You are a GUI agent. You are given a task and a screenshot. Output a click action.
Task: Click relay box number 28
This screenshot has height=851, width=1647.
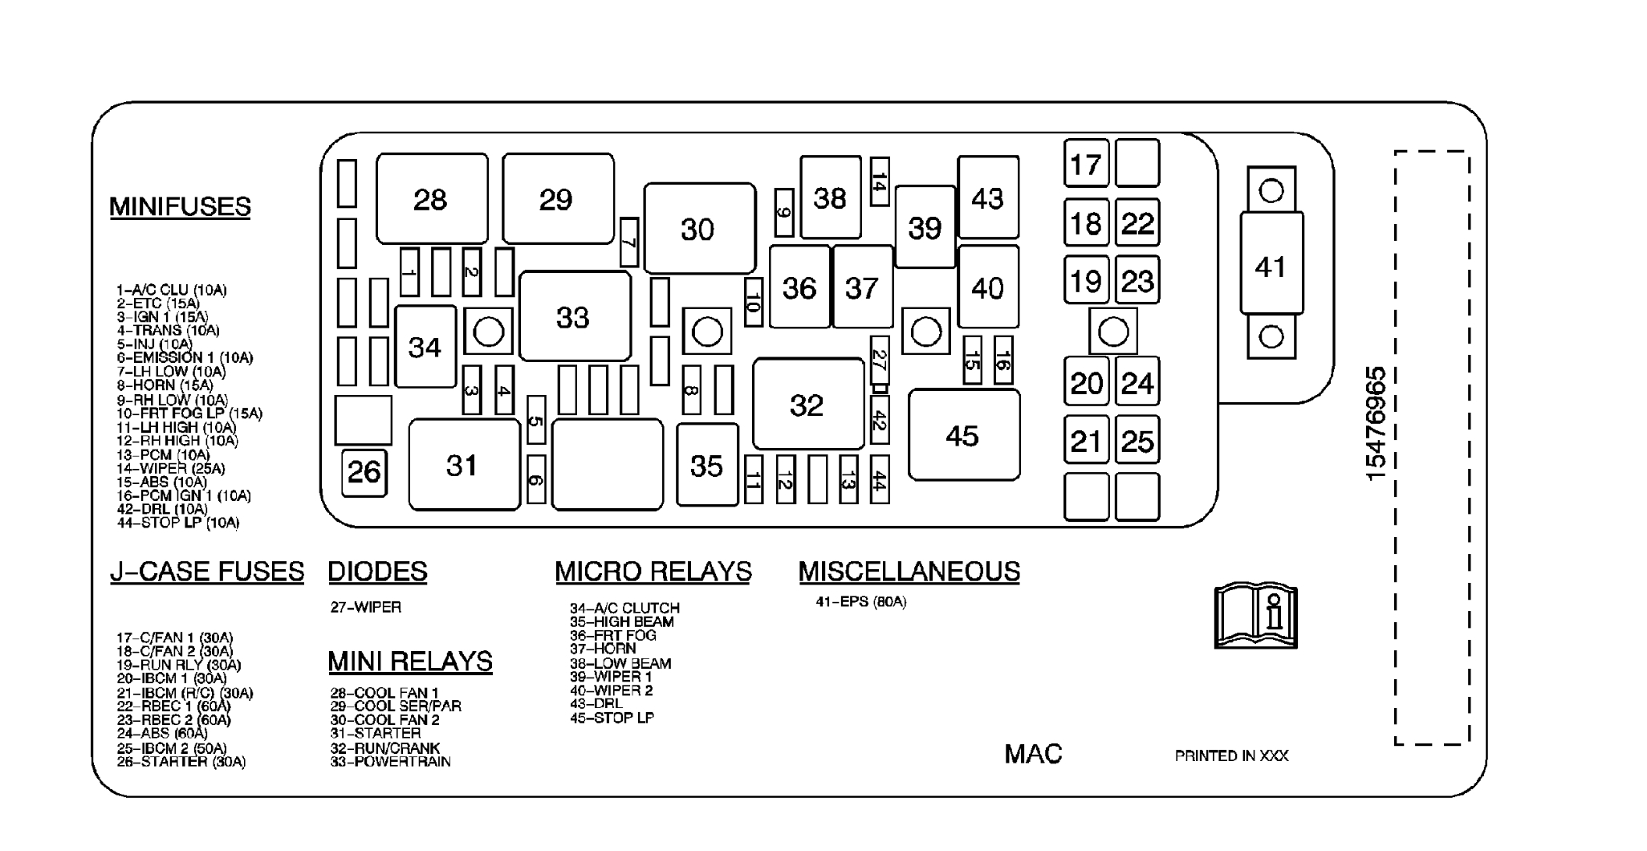pyautogui.click(x=431, y=199)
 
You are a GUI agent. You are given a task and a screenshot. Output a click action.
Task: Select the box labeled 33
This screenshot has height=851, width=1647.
pyautogui.click(x=574, y=317)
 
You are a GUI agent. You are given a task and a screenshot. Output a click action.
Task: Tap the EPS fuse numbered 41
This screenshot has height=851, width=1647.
pyautogui.click(x=1271, y=265)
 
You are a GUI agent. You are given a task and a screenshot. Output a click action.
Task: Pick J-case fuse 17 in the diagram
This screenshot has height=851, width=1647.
pyautogui.click(x=1086, y=165)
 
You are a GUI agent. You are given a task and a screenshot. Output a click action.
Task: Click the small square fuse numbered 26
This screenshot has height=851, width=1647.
pyautogui.click(x=364, y=471)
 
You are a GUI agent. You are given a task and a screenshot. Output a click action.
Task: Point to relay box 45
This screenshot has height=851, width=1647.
pyautogui.click(x=963, y=435)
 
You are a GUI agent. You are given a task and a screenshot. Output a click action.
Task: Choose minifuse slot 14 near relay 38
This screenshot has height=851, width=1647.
pyautogui.click(x=880, y=181)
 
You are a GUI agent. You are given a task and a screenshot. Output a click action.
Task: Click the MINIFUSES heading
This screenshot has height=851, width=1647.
pyautogui.click(x=180, y=207)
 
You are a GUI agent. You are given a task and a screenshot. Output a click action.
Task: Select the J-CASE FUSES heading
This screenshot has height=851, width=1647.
pyautogui.click(x=207, y=572)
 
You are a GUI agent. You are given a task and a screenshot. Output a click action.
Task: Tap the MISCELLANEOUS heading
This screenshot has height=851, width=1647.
pyautogui.click(x=909, y=572)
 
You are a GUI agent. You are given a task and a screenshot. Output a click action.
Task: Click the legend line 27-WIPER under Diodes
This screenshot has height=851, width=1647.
pyautogui.click(x=365, y=608)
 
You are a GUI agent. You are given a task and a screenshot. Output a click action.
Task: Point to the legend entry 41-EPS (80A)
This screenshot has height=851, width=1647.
pyautogui.click(x=860, y=601)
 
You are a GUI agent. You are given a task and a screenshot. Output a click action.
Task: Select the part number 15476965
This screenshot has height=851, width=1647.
pyautogui.click(x=1376, y=423)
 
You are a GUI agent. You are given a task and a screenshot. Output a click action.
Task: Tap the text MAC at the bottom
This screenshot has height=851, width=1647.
pyautogui.click(x=1033, y=754)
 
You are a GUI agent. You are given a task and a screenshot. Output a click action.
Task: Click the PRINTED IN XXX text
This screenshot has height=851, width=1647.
pyautogui.click(x=1231, y=756)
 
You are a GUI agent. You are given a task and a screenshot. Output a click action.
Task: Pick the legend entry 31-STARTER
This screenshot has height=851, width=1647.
pyautogui.click(x=375, y=734)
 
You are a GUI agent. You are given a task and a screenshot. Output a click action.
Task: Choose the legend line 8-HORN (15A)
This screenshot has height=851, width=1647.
pyautogui.click(x=165, y=385)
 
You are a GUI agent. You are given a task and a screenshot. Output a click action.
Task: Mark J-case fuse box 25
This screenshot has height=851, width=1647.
pyautogui.click(x=1137, y=440)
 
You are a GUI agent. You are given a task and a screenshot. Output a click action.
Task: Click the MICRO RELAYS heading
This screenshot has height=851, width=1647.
pyautogui.click(x=653, y=572)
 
